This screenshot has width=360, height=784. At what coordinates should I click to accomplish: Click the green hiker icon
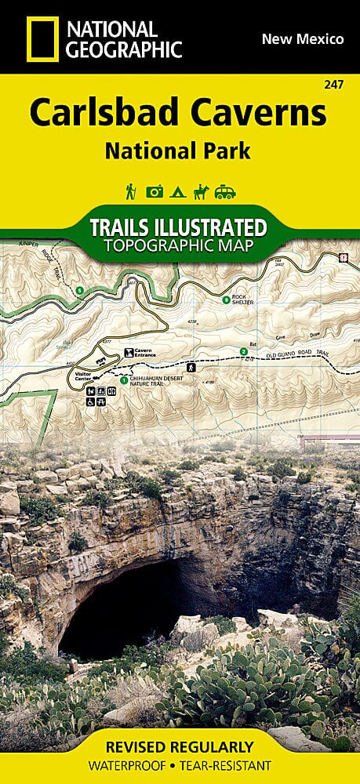point(130,191)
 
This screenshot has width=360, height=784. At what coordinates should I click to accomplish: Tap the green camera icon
point(155,191)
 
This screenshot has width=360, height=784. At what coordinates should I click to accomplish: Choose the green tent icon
point(179,191)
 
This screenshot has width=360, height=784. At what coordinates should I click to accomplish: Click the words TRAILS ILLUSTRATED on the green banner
point(180,228)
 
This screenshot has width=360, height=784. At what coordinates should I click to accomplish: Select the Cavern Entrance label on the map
point(145,354)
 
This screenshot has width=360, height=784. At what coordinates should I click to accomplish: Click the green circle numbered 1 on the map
point(123,380)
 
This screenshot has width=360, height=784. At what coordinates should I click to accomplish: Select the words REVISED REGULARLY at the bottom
point(180,747)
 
